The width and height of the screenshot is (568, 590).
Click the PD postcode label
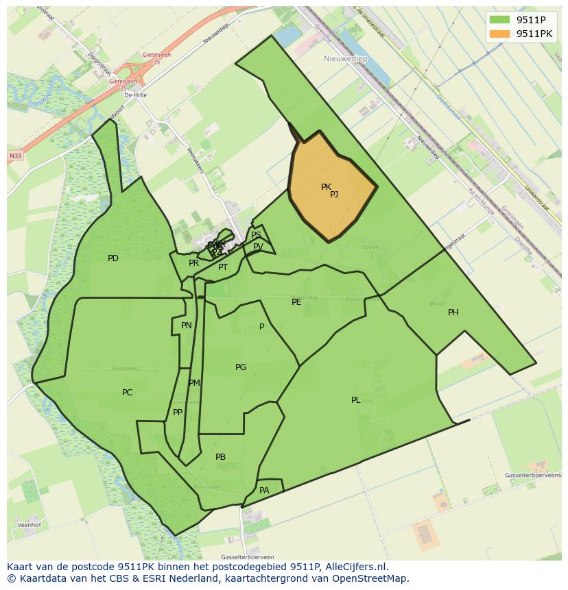(x=113, y=258)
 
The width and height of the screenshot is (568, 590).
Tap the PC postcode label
(x=127, y=393)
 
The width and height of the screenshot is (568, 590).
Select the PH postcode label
(x=453, y=312)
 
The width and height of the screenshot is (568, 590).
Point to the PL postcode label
(x=355, y=400)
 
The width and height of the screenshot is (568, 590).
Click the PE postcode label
(x=296, y=302)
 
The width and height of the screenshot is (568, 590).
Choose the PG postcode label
(x=240, y=367)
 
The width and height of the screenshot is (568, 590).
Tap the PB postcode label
(x=220, y=457)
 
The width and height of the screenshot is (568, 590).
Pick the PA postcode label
(x=264, y=491)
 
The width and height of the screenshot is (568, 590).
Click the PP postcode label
(x=178, y=413)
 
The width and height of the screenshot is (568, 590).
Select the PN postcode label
(x=187, y=325)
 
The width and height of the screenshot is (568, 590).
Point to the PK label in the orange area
(x=326, y=186)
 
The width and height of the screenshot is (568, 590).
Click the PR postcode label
(x=193, y=263)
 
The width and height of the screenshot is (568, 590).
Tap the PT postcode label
(x=223, y=267)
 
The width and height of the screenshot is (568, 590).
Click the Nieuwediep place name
(x=345, y=59)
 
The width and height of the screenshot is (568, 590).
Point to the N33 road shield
(x=15, y=156)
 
